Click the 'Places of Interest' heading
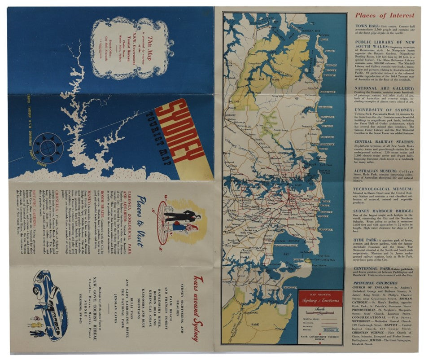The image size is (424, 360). tap(384, 15)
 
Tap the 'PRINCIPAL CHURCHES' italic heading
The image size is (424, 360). tap(375, 283)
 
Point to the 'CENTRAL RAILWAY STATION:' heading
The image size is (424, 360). tap(384, 142)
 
